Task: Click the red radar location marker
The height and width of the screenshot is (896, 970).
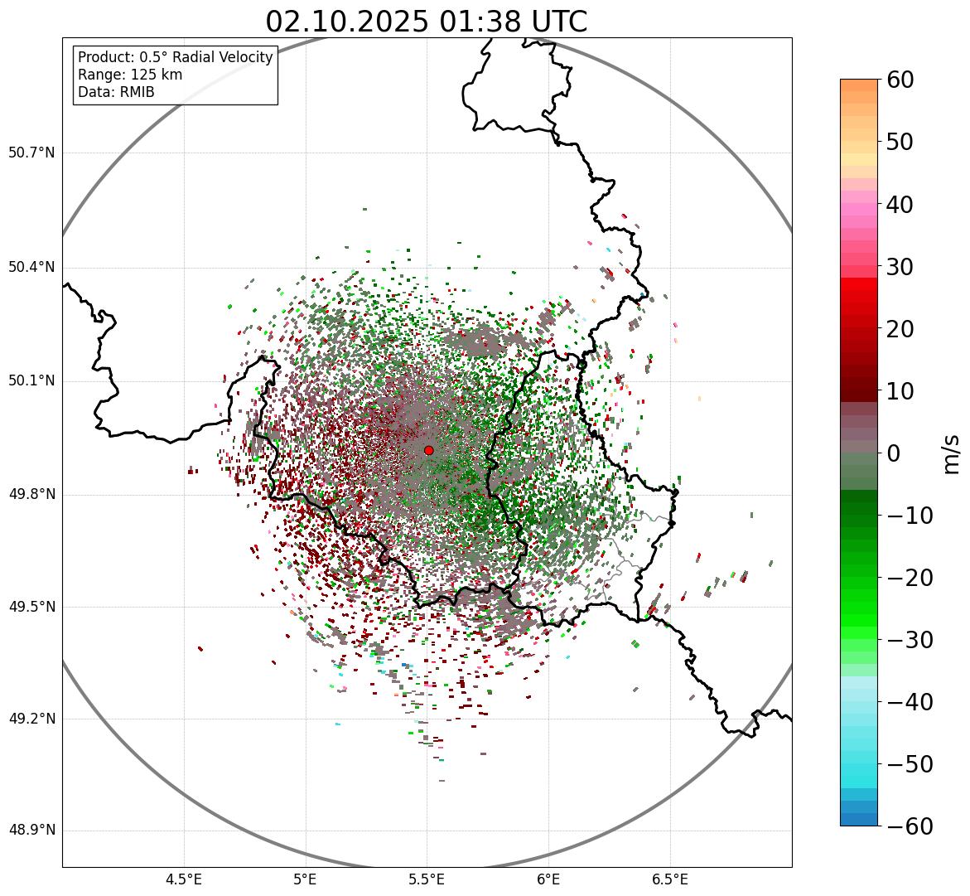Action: pyautogui.click(x=428, y=450)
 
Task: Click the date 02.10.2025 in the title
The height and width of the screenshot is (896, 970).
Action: pyautogui.click(x=347, y=22)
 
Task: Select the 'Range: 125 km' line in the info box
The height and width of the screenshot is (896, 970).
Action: pyautogui.click(x=130, y=75)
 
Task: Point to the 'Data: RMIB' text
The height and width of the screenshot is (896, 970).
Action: pyautogui.click(x=116, y=92)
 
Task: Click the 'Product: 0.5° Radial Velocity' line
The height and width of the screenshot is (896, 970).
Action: pyautogui.click(x=175, y=57)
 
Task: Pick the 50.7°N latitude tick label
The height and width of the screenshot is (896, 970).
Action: pyautogui.click(x=31, y=153)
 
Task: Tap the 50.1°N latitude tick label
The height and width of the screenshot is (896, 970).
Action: pyautogui.click(x=31, y=381)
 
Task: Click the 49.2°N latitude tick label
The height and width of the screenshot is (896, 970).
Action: pyautogui.click(x=31, y=719)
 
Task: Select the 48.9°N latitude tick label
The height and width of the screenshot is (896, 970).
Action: pyautogui.click(x=31, y=831)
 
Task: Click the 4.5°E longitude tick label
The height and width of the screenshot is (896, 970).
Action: pyautogui.click(x=184, y=879)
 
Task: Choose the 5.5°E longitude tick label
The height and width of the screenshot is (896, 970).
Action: pyautogui.click(x=427, y=879)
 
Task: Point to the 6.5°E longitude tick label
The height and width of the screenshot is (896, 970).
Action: pyautogui.click(x=669, y=879)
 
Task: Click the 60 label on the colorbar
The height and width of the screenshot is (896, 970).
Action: pyautogui.click(x=900, y=80)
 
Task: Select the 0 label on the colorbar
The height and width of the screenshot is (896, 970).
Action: pyautogui.click(x=894, y=453)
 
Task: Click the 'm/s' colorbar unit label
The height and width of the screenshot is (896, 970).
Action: pyautogui.click(x=951, y=453)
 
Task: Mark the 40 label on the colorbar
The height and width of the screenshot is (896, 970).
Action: pyautogui.click(x=900, y=204)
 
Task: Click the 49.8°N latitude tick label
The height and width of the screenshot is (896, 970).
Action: pyautogui.click(x=31, y=495)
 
